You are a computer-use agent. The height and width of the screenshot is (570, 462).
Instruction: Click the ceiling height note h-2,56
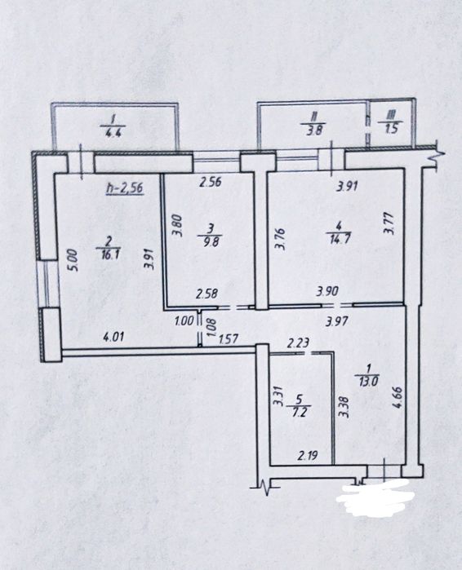coord(124,188)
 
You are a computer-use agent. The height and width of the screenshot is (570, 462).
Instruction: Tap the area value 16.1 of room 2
coord(108,254)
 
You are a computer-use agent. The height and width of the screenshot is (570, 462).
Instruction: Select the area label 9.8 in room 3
coord(211,241)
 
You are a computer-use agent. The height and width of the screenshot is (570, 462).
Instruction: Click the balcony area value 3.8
coord(314,130)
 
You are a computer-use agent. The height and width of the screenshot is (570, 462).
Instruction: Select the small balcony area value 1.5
coord(391,129)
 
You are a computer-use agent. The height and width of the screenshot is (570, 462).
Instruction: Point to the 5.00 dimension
coord(72,259)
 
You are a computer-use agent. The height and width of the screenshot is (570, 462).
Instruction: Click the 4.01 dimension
coord(113,336)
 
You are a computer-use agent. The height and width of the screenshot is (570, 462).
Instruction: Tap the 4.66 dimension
coord(398,398)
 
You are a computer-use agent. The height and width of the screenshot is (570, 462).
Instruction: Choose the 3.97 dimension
coord(338,321)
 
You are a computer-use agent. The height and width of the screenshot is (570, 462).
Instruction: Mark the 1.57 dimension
coord(228,338)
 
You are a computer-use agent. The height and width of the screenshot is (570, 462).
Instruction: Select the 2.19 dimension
coord(308,455)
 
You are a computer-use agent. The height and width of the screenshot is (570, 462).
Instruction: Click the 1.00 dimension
coord(184,321)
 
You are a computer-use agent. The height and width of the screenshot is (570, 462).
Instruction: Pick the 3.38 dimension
coord(344,407)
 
